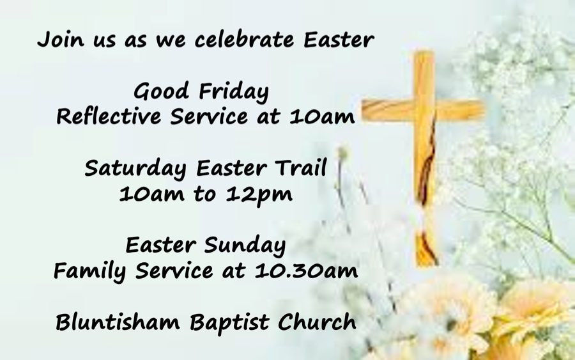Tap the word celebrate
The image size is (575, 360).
point(244,39)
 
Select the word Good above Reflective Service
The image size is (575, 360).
point(161,91)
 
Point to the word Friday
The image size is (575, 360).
point(234,91)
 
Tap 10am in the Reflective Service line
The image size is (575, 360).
point(322,117)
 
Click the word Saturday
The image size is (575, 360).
point(135,169)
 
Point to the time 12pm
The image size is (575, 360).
point(259,194)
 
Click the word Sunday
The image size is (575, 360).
point(245,245)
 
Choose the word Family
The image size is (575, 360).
point(90,272)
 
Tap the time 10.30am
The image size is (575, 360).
point(307,271)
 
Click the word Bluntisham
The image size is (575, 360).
point(118,322)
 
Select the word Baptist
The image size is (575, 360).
point(230,323)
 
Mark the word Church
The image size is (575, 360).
point(317,322)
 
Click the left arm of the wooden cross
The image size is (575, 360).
point(388,110)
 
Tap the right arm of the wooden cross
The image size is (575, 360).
point(459,110)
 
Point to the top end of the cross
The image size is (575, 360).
point(425,52)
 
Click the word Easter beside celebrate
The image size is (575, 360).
point(339,39)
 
